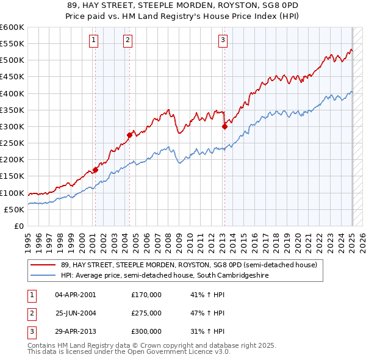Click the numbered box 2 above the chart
coord(128,41)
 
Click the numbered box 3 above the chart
coord(223,41)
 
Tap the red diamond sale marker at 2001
coord(95,170)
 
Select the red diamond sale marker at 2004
coord(130,135)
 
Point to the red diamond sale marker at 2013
coord(224,126)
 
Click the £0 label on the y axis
coord(18,226)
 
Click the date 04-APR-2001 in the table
coord(76,295)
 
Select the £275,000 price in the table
coord(146,313)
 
